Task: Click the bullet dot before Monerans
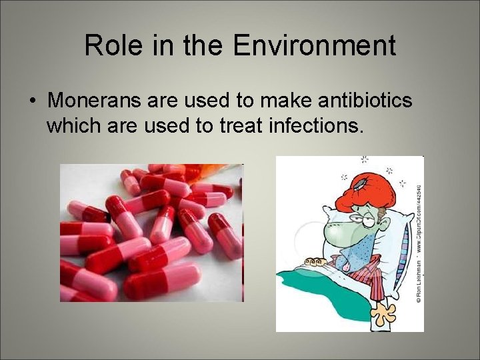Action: click(31, 101)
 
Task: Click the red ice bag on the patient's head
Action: click(359, 187)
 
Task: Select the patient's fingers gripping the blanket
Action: click(314, 262)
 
